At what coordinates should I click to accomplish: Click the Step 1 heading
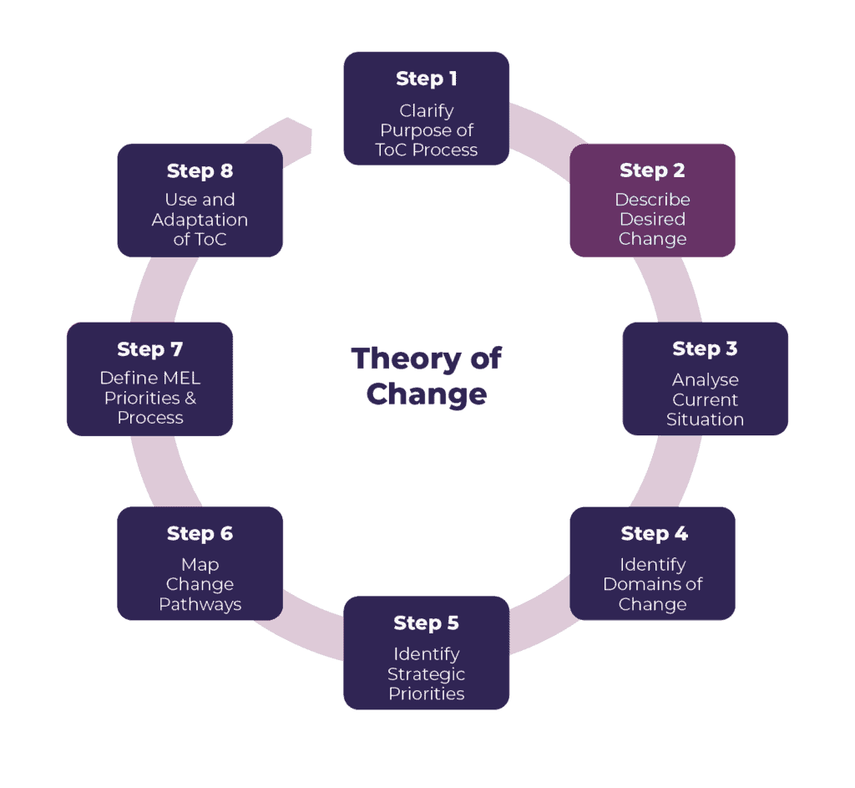click(426, 79)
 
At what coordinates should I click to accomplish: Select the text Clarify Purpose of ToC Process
click(426, 130)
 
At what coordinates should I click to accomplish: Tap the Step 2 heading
click(652, 170)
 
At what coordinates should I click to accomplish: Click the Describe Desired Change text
click(652, 219)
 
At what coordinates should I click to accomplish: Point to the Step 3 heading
click(705, 349)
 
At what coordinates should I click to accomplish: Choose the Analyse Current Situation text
click(705, 399)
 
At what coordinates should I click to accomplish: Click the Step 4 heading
click(652, 534)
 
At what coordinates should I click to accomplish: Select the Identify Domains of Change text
click(652, 584)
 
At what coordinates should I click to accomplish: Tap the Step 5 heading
click(426, 623)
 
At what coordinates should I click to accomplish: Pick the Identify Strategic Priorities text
click(426, 674)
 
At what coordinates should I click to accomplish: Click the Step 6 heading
click(200, 534)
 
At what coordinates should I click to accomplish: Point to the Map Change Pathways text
click(200, 584)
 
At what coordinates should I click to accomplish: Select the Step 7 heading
click(149, 349)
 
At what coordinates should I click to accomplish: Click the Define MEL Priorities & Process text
click(149, 398)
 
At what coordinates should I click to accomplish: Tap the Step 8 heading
click(200, 171)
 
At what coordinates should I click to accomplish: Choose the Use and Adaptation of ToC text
click(200, 220)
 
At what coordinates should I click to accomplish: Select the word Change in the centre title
click(426, 394)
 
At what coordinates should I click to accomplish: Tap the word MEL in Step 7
click(181, 378)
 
